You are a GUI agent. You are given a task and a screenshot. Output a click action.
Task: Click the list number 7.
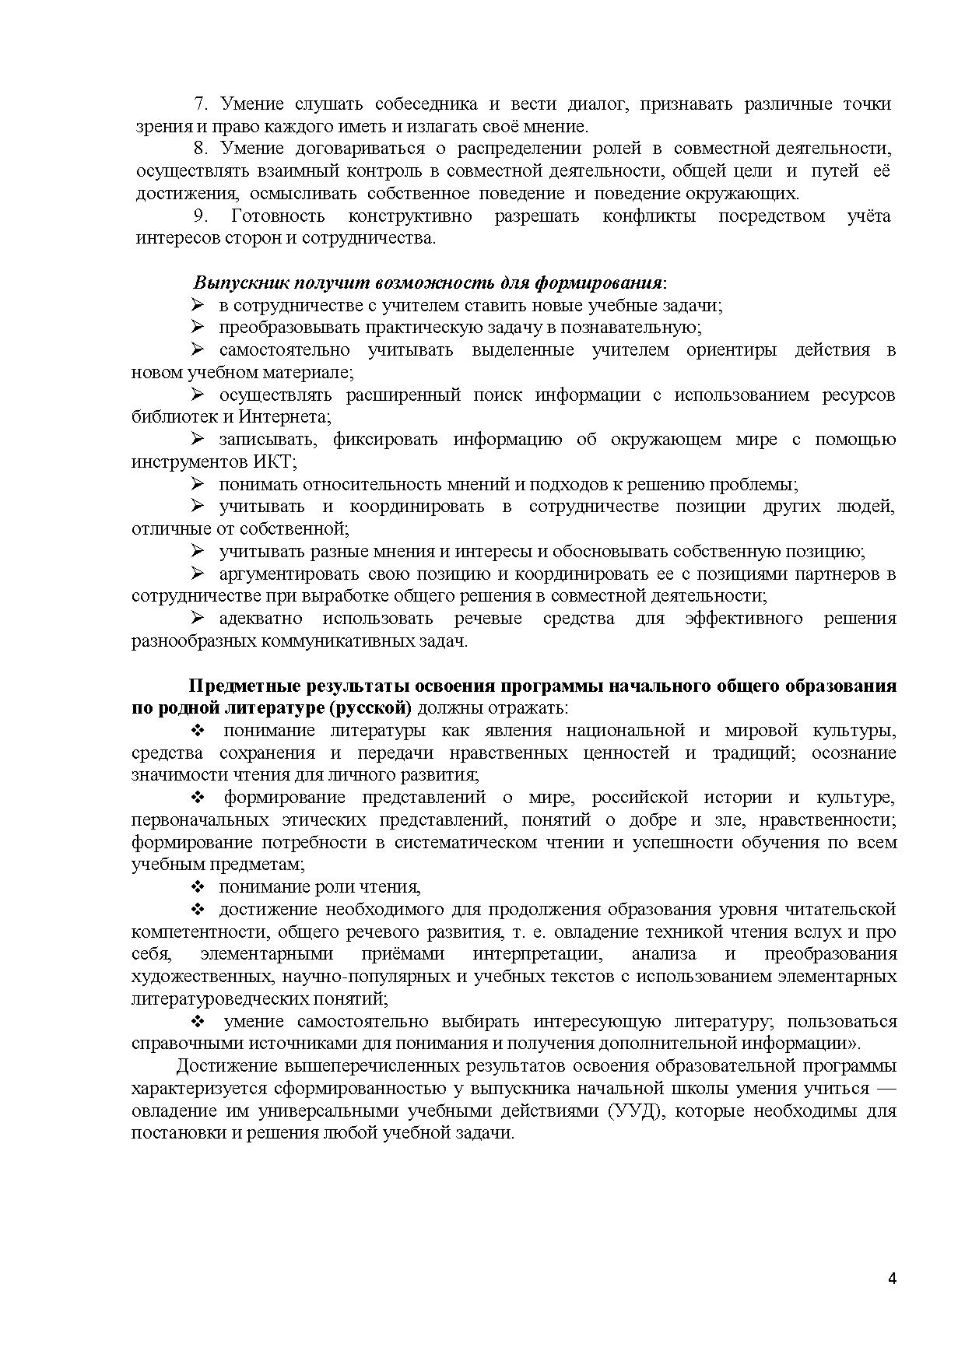click(199, 104)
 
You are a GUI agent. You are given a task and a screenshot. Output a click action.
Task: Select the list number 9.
click(199, 216)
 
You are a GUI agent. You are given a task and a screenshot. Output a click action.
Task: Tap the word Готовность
click(278, 216)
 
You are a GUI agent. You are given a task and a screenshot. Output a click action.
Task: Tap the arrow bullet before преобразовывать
click(198, 327)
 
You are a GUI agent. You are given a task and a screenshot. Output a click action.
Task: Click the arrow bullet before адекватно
click(198, 619)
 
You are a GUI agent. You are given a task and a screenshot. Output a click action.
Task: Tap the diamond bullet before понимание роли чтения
click(198, 887)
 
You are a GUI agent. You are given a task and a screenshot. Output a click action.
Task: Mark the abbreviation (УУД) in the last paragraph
click(637, 1111)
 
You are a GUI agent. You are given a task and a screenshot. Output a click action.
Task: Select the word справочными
click(180, 1044)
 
